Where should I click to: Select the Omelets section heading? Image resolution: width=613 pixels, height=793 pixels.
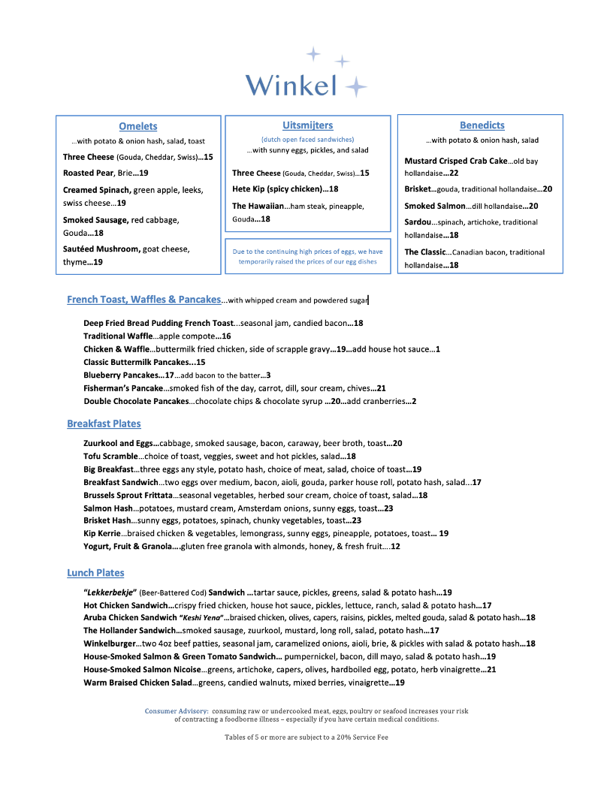(138, 126)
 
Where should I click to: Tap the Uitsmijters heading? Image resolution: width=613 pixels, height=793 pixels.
(308, 125)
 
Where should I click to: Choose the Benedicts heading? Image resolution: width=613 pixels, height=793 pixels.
(482, 125)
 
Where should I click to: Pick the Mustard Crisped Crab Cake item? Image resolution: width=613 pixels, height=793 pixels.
(455, 161)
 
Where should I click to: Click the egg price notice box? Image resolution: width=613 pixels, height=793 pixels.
(308, 257)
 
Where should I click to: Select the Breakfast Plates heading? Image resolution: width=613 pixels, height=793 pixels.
(104, 424)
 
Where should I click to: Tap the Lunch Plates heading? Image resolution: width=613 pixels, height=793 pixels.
(95, 573)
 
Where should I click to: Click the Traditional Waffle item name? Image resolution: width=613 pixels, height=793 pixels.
(118, 336)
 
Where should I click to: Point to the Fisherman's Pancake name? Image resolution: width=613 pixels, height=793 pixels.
(123, 388)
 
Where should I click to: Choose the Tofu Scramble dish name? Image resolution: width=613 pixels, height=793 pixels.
(110, 457)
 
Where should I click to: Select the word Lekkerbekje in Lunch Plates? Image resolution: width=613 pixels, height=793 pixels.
(110, 592)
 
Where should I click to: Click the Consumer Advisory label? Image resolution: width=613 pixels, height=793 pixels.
(177, 710)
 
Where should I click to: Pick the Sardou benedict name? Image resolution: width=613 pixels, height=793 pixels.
(418, 222)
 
